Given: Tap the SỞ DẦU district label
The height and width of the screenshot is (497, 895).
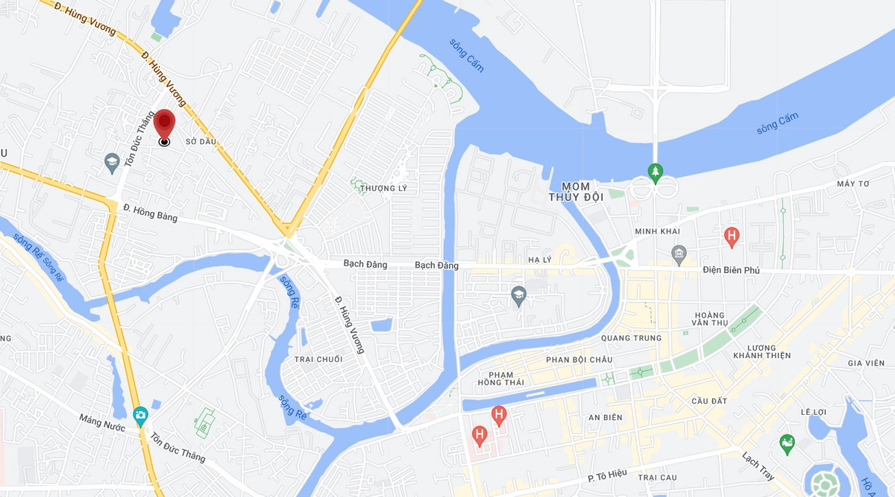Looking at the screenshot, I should coord(201,142).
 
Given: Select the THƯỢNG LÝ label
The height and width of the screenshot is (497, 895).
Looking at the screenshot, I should coord(384,188).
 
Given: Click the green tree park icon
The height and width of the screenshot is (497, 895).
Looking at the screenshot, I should coord(655,171).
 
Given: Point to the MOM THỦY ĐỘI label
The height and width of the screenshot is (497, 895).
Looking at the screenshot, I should coord(575,191).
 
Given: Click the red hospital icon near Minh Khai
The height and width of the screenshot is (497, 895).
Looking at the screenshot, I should coord(732,237).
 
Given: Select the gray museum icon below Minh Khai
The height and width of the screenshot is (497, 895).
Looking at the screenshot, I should coord(678,253).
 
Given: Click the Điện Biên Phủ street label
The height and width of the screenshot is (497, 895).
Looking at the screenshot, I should coord(731,270).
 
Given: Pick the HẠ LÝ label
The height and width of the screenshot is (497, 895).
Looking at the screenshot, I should coord(538,260).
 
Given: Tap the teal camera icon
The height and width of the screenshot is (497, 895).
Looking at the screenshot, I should coord(140,415).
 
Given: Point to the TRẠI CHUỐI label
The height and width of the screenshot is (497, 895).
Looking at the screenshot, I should coord(318,360).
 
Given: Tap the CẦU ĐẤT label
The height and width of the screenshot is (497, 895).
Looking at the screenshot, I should coord(709,401).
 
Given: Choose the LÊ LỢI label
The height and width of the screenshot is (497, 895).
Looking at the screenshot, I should coord(814,412).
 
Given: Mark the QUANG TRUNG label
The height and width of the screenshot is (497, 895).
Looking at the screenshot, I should coord(635,338).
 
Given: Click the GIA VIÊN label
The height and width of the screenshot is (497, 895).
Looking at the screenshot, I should coord(865,363).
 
